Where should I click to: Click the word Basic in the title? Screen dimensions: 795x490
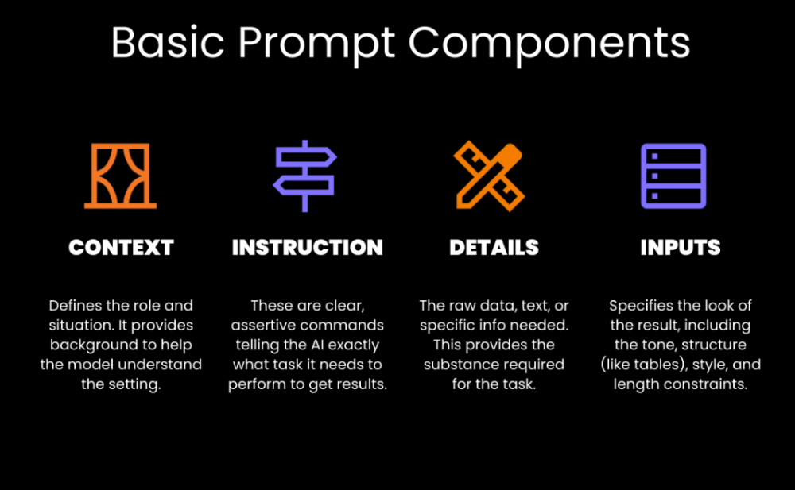168,43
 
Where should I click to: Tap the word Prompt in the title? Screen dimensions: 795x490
316,45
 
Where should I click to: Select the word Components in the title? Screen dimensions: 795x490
549,45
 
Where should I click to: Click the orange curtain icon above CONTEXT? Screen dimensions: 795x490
121,176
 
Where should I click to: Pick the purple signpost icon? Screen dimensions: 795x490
304,176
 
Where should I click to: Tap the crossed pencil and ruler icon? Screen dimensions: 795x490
489,176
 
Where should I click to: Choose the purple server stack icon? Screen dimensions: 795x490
673,176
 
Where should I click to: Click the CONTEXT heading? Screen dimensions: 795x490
121,247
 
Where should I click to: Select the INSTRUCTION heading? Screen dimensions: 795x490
307,247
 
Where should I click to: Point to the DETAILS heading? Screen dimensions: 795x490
494,247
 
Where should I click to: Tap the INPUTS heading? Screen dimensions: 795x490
681,247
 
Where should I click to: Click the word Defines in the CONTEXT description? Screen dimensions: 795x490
75,306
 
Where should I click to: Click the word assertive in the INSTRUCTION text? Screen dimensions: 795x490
262,326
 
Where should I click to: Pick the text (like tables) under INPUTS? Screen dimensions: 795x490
640,365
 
